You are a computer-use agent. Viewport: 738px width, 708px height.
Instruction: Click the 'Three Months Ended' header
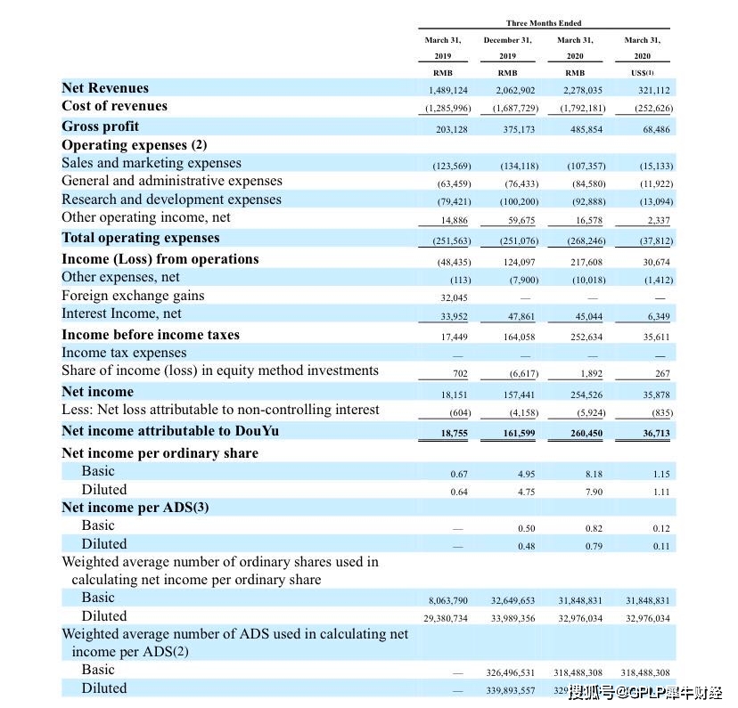(544, 23)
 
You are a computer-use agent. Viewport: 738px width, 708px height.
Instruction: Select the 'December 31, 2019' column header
(507, 48)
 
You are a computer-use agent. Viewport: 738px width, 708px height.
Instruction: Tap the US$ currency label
(642, 73)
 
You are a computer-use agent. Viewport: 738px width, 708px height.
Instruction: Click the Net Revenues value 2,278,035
(583, 90)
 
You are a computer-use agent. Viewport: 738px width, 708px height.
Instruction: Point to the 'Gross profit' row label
(100, 126)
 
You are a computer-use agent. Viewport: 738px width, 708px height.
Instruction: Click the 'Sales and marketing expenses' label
(152, 163)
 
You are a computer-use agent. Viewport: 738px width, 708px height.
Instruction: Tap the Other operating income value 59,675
(521, 220)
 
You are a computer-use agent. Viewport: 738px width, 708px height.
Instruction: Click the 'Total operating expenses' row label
(140, 238)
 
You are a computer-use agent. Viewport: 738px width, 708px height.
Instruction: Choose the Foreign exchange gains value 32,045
(454, 297)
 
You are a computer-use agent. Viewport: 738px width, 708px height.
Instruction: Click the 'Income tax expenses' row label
(124, 353)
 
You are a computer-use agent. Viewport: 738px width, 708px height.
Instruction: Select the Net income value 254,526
(586, 395)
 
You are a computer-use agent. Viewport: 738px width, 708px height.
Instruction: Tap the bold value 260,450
(586, 433)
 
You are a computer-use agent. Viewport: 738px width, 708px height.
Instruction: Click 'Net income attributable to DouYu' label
(170, 431)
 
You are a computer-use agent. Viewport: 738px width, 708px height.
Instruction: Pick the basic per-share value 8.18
(594, 474)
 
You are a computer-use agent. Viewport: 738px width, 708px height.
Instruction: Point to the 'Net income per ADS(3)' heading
(135, 508)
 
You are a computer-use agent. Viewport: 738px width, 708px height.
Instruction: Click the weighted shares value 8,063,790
(447, 600)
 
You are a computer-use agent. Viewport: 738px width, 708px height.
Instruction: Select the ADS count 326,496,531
(510, 672)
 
